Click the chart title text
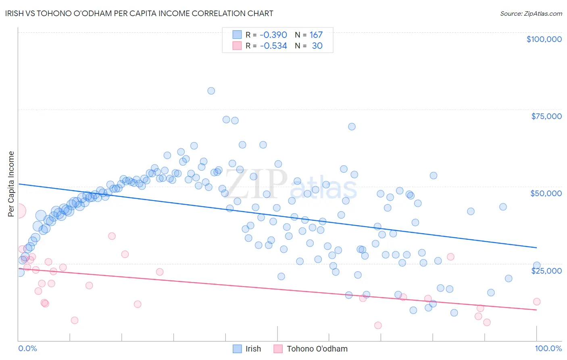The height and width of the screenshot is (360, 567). point(139,14)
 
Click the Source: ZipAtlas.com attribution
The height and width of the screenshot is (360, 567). point(531,14)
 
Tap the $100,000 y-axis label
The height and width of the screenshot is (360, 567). point(544,39)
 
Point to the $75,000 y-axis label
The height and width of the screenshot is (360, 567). point(546,116)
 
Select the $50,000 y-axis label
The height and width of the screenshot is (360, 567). point(546,193)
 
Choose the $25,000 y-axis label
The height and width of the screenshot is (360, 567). point(546,270)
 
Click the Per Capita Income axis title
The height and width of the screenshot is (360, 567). point(11,184)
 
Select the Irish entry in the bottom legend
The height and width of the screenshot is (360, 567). point(253,349)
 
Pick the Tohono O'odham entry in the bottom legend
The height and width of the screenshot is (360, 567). point(317,349)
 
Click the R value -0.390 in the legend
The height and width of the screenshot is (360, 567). point(273,35)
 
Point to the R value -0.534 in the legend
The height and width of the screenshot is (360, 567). point(273,46)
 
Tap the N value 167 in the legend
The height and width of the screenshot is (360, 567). point(316,35)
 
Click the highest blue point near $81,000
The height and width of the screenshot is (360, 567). point(211,91)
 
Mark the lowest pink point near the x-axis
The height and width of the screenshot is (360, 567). point(378,325)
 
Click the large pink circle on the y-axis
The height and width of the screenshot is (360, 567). point(19,211)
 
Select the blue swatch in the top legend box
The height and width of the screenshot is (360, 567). point(237,35)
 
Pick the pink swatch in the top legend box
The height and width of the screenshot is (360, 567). point(237,46)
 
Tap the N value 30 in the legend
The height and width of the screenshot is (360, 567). point(317,46)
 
